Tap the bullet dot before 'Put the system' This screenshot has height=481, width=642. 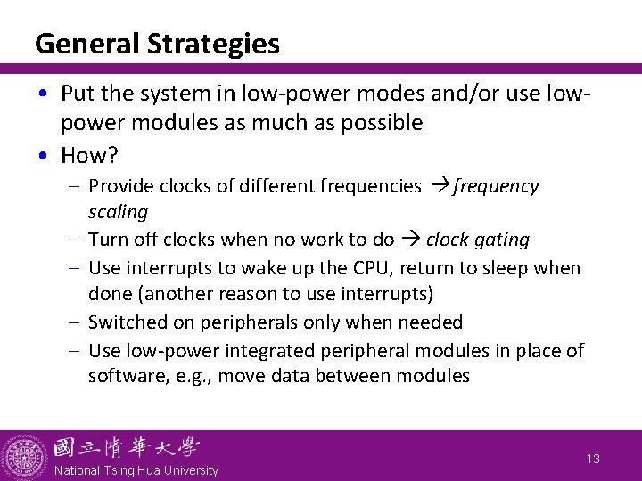point(44,94)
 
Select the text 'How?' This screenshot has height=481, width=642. point(89,155)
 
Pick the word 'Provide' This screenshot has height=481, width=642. point(120,186)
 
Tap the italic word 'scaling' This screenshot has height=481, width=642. point(118,213)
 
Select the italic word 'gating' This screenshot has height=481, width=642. point(503,240)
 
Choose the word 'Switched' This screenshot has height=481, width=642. point(125,322)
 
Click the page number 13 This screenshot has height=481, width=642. point(593,458)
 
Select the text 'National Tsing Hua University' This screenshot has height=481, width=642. point(136,470)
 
